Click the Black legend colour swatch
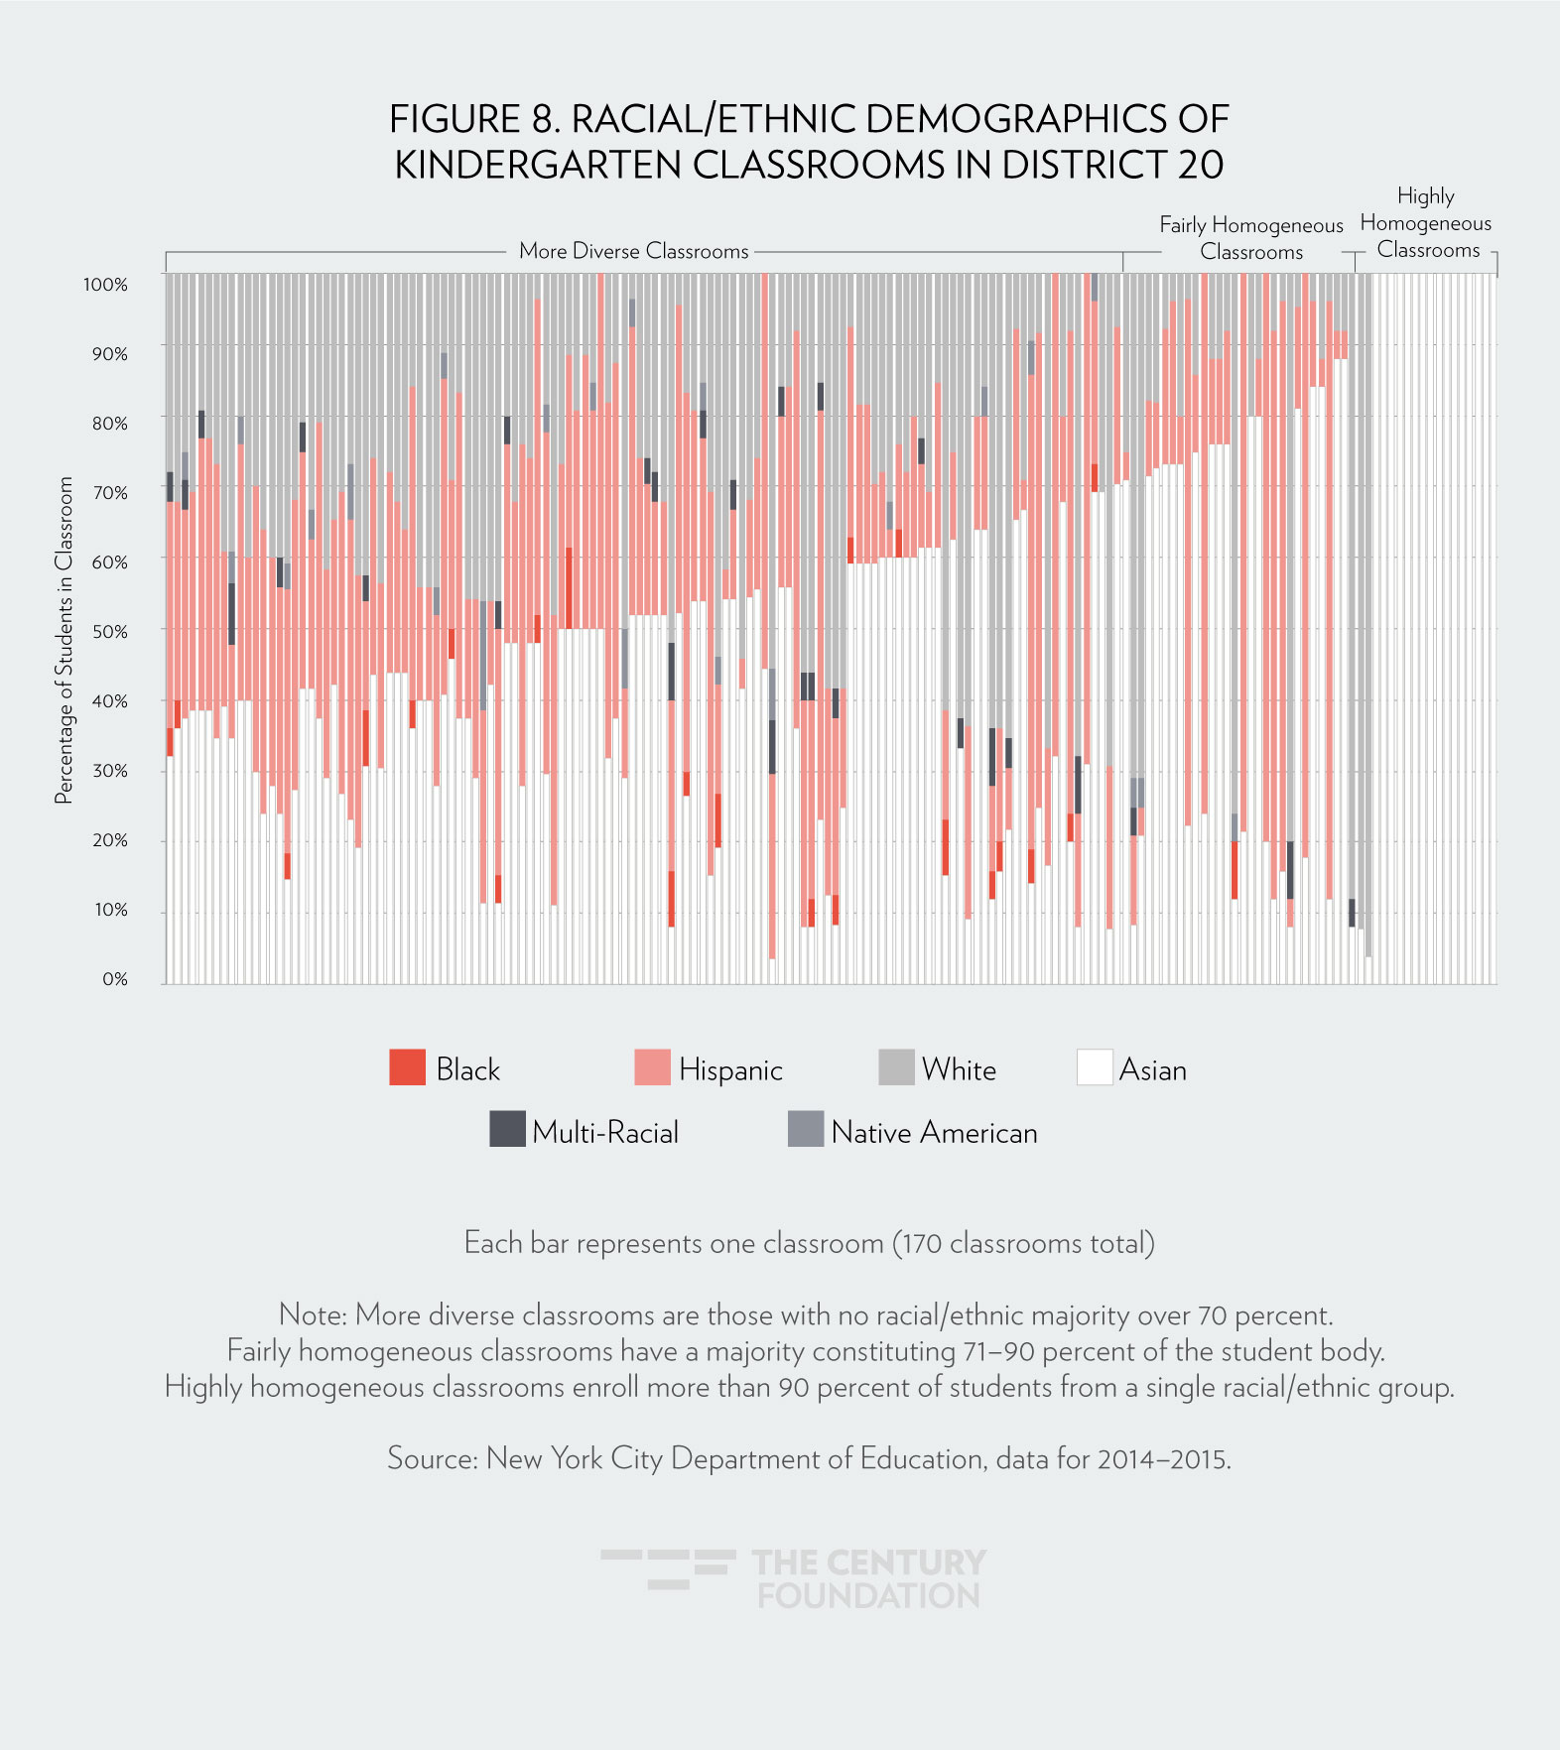(x=407, y=1067)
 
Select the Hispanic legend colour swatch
(x=652, y=1067)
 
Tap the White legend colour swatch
(x=896, y=1067)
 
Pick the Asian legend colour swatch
(x=1095, y=1067)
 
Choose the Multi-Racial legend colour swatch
(x=507, y=1129)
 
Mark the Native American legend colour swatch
(x=806, y=1129)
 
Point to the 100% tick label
(x=105, y=285)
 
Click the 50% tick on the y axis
(x=109, y=632)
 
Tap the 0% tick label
(x=115, y=979)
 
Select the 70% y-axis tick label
(x=109, y=493)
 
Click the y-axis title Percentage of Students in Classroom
(x=65, y=640)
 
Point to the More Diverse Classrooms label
(x=633, y=251)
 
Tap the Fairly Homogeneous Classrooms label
(x=1251, y=238)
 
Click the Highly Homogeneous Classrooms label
(x=1426, y=223)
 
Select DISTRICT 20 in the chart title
(x=1112, y=165)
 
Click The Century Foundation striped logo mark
(x=668, y=1568)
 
